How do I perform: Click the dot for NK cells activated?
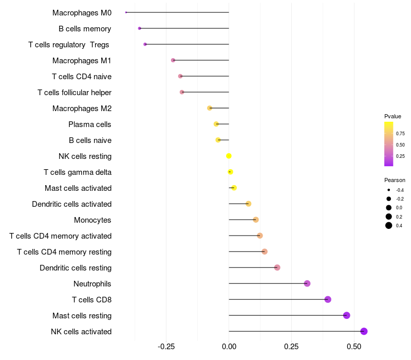tap(364, 331)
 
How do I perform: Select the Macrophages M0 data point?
tap(126, 12)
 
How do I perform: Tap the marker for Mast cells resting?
tap(346, 315)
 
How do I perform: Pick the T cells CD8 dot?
tap(328, 299)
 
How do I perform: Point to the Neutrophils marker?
tap(307, 283)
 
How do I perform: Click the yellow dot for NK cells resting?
tap(229, 156)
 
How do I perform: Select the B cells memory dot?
tap(139, 28)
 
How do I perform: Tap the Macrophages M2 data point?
tap(210, 108)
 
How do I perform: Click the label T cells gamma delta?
tap(78, 172)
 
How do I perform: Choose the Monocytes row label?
tap(92, 220)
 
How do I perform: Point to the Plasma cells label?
tap(90, 124)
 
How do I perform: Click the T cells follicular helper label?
tap(74, 93)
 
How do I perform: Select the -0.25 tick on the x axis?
tap(166, 347)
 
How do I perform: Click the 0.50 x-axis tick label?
tap(354, 347)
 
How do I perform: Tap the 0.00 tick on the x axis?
tap(229, 347)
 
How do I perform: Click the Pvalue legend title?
tap(393, 116)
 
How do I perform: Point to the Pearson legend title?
tap(395, 180)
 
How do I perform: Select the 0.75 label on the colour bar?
tap(400, 134)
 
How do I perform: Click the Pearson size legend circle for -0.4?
tap(389, 190)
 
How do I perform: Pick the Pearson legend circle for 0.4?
tap(389, 225)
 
